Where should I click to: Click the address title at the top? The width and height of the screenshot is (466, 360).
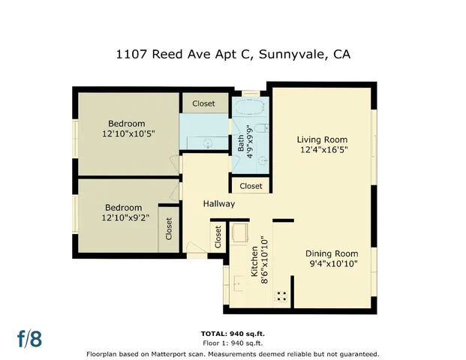tap(233, 54)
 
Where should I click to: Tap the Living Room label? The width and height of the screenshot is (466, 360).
tap(322, 139)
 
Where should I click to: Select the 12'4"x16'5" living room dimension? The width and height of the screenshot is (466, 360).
tap(322, 150)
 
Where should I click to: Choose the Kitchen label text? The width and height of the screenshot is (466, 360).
tap(254, 259)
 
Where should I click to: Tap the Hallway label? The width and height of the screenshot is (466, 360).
tap(218, 204)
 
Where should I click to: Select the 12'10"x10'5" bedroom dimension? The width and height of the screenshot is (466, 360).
tap(126, 134)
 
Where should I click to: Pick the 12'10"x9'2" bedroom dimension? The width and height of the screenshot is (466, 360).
tap(123, 218)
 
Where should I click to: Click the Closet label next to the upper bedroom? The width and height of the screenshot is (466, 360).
tap(203, 103)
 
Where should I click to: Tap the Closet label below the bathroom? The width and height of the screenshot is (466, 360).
tap(251, 186)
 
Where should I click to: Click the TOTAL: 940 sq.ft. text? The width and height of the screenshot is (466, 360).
tap(233, 333)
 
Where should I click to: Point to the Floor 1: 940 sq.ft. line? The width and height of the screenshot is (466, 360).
tap(233, 343)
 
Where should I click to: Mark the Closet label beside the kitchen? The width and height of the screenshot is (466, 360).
tap(218, 237)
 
